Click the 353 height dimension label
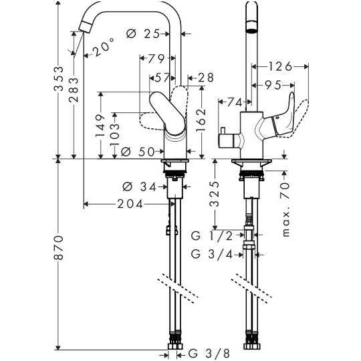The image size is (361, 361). coord(59,79)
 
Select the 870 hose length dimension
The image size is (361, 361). coord(59,247)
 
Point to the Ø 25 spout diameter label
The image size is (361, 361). coord(143,34)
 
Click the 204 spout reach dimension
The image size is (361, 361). coord(130,204)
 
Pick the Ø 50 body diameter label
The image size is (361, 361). coord(138,152)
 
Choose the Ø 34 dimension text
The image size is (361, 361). coord(139,187)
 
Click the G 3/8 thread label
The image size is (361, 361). coord(209,353)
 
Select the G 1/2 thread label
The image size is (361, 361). coord(212,236)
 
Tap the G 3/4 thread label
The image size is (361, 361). coord(212,255)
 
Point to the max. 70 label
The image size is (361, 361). coord(285,209)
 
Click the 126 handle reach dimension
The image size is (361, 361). coord(280,67)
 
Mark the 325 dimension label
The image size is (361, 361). coord(215,194)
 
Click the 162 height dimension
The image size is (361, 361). coord(201,120)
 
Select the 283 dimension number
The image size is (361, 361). coord(74,90)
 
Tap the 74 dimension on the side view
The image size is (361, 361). coord(235,102)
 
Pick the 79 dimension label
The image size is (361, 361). coord(156,59)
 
